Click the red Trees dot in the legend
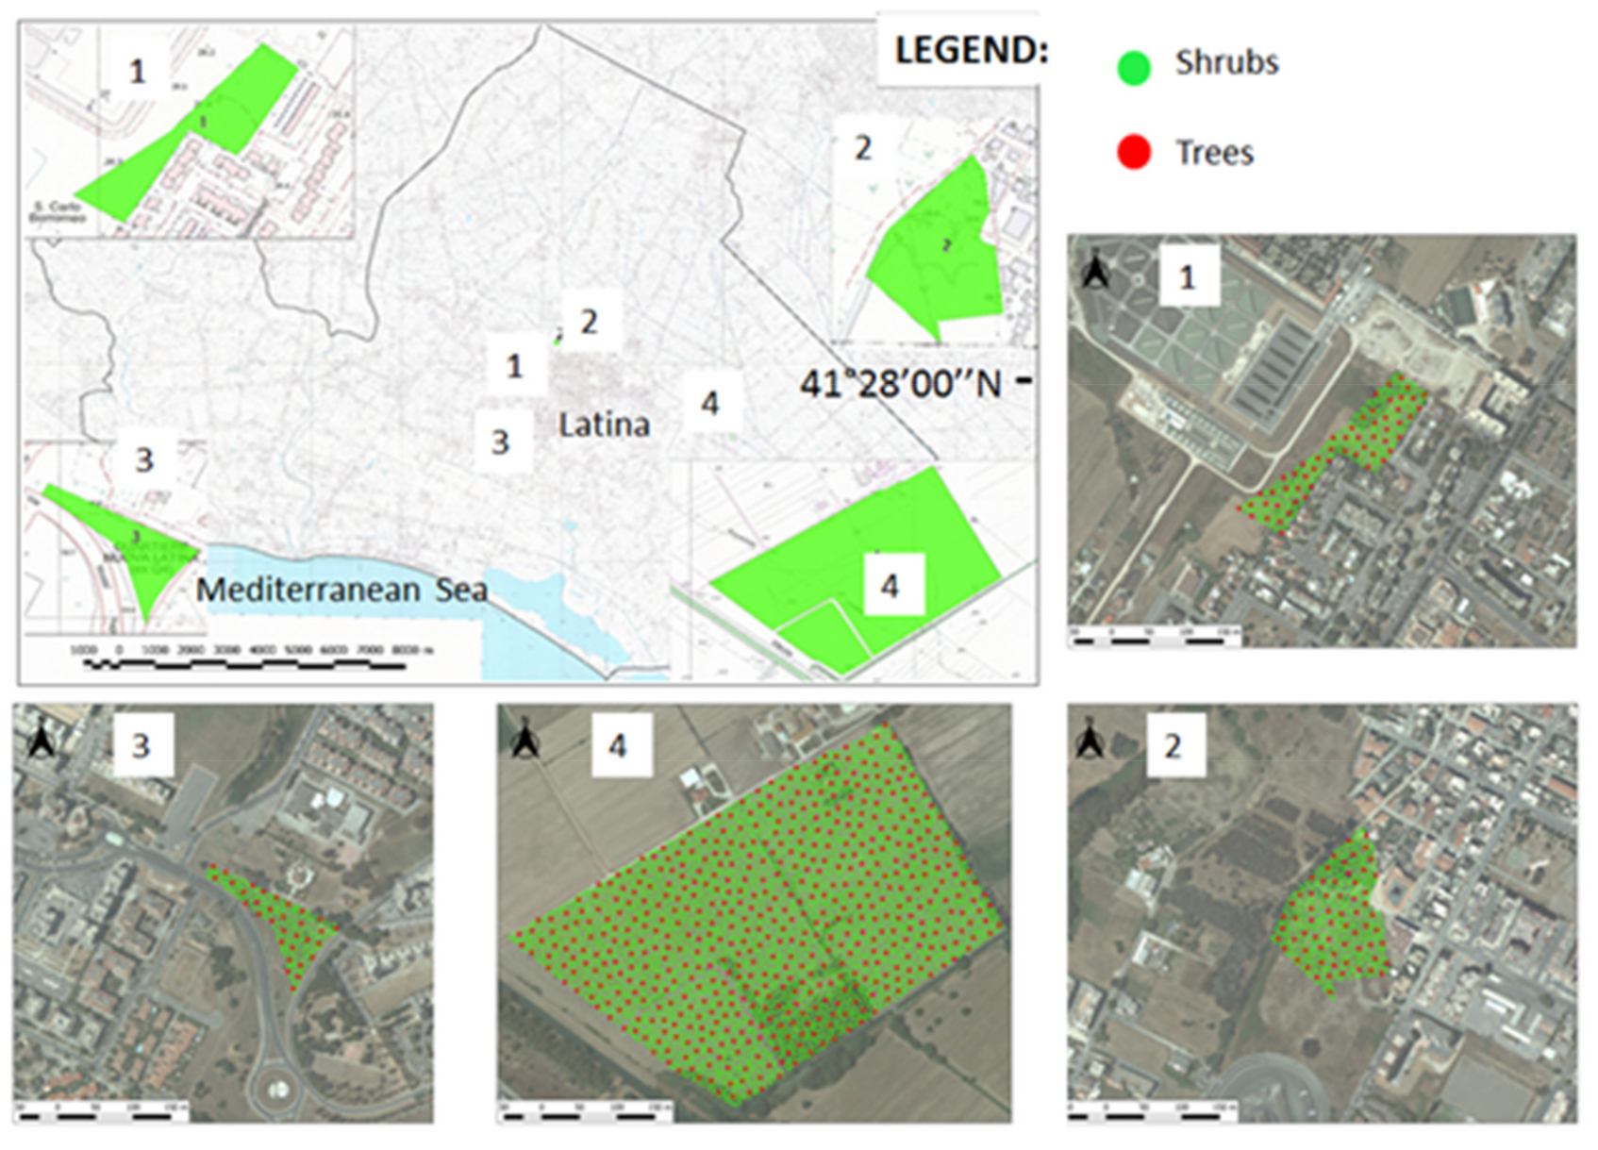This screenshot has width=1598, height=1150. (1134, 152)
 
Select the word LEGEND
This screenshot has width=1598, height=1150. (971, 51)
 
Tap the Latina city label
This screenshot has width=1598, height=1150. (604, 425)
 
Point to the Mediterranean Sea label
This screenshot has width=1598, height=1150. (341, 591)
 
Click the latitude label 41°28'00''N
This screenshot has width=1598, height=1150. (901, 384)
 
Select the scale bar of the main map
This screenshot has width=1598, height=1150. (245, 664)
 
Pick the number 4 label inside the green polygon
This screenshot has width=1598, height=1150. (890, 587)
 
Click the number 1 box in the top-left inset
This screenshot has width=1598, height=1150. (138, 71)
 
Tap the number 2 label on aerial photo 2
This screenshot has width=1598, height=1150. (1174, 746)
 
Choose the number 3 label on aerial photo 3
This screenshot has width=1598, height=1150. (141, 746)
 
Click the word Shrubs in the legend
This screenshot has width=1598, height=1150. (1226, 63)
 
